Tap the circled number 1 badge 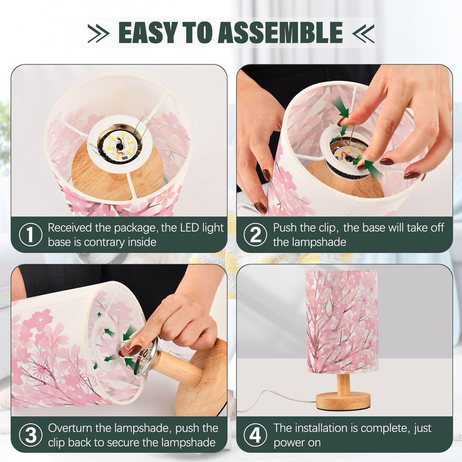pos(30,235)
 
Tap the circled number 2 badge pos(255,235)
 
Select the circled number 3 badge pos(30,435)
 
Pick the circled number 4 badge pos(255,435)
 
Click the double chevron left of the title pos(98,34)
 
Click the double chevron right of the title pos(363,34)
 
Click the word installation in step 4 pos(324,428)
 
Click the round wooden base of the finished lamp pos(343,400)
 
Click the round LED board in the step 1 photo pos(119,147)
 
